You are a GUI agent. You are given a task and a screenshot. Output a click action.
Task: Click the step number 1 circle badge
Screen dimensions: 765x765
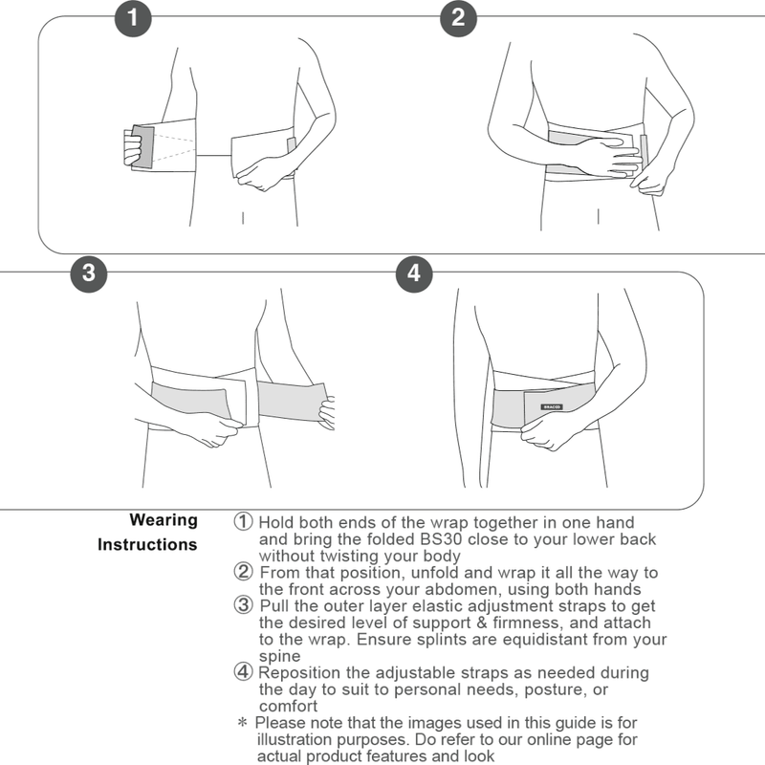coord(133,17)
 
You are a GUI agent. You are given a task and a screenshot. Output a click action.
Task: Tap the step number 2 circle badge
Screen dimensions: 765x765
coord(457,17)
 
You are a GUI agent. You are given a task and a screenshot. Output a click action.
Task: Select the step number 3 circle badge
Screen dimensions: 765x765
coord(89,272)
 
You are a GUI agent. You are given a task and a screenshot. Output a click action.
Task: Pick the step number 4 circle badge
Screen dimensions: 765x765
coord(413,272)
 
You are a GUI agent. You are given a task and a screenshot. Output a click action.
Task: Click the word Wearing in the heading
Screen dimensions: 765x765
coord(164,520)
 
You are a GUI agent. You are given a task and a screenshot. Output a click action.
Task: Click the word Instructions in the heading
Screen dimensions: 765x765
coord(147,545)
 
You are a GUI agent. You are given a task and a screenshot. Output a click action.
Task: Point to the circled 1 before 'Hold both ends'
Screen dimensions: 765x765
coord(244,522)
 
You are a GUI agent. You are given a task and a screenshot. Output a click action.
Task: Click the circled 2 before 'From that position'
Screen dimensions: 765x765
coord(244,573)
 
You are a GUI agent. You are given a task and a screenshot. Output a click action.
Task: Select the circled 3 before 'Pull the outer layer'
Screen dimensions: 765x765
coord(244,605)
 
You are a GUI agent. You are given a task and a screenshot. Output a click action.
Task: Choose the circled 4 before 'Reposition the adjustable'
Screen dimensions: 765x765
coord(244,672)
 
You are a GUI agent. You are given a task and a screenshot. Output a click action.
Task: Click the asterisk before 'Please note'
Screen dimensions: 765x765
coord(242,723)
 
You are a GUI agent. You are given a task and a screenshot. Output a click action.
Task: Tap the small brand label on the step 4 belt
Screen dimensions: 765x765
coord(552,405)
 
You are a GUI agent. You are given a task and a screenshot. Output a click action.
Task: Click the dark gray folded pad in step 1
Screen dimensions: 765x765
coord(142,148)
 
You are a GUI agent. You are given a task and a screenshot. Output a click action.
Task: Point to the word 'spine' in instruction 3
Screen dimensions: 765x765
coord(279,657)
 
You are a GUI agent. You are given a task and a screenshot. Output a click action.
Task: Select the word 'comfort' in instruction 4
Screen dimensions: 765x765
coord(289,707)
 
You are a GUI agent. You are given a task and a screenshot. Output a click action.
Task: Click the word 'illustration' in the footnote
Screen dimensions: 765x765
coord(297,739)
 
